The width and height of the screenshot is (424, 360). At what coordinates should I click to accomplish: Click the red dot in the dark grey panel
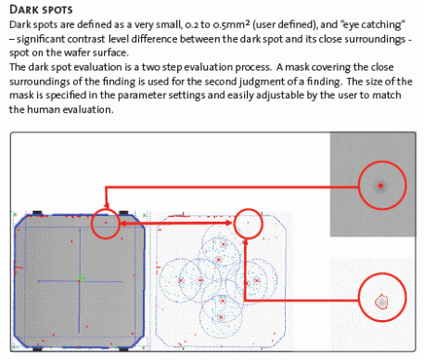point(380,186)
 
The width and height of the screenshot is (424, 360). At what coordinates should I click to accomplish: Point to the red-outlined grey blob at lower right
point(381,302)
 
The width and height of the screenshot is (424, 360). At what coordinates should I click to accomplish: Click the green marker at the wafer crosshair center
point(81,279)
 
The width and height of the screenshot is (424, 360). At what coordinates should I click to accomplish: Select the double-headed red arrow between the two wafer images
point(176,223)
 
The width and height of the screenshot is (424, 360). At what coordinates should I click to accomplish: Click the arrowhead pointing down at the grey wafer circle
point(107,205)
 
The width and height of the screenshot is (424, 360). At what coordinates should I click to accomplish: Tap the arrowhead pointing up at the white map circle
point(245,241)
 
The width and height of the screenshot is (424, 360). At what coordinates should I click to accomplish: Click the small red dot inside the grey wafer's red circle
point(106,223)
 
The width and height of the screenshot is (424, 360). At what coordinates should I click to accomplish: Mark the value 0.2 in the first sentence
point(191,25)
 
